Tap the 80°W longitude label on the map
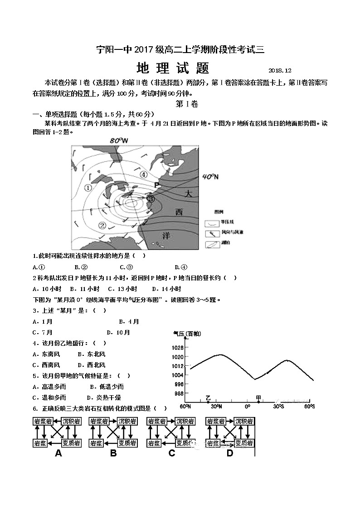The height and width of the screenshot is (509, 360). [x=119, y=141]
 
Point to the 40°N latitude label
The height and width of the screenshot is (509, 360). [x=210, y=176]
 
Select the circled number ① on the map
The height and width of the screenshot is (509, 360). [x=89, y=188]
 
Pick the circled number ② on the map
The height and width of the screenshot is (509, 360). [x=102, y=225]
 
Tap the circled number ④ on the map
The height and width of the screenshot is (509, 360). [x=143, y=174]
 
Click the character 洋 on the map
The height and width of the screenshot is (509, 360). [x=166, y=235]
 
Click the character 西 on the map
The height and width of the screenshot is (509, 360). [x=180, y=212]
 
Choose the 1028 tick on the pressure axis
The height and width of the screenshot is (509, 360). [x=178, y=348]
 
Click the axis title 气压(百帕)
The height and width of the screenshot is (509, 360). [x=187, y=334]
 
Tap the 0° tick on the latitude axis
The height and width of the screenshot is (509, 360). [x=247, y=406]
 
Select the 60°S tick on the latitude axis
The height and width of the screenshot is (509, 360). [x=309, y=406]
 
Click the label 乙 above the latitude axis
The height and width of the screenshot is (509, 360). [x=208, y=398]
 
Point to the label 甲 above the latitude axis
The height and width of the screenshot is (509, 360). [x=258, y=398]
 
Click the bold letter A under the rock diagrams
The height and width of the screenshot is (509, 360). [x=58, y=453]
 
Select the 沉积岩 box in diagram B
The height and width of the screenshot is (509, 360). [x=127, y=422]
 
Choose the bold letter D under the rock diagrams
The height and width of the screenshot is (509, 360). [x=229, y=453]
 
